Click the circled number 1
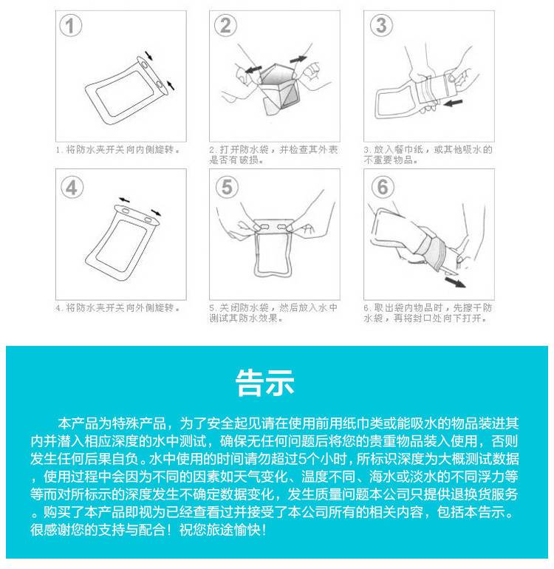70,25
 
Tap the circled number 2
225,25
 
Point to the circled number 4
72,188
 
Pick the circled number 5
227,187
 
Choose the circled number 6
383,187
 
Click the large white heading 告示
264,383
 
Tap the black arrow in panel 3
453,103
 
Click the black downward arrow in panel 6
455,282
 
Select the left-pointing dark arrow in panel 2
253,69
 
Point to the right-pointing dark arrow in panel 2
298,59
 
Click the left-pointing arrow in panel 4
124,200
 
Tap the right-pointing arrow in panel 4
156,212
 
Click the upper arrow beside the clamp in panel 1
148,55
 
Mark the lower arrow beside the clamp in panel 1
170,85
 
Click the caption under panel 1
118,149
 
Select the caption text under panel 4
118,308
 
